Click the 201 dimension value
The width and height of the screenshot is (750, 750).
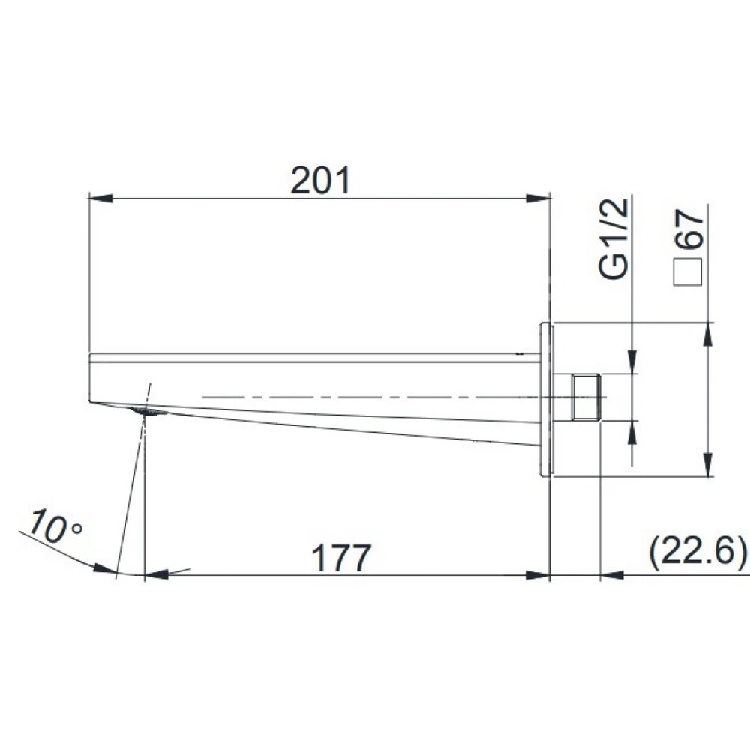[320, 180]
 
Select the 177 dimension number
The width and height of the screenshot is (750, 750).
[341, 557]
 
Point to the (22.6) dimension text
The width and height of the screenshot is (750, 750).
[697, 551]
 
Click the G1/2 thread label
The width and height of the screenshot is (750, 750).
[613, 238]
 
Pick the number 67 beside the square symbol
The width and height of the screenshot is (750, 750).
[690, 229]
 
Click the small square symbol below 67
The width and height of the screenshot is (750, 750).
[687, 271]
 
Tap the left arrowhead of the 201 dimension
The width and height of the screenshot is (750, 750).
[101, 198]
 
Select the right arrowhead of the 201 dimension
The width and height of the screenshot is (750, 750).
[538, 198]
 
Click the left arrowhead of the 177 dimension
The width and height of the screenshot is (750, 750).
[157, 574]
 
